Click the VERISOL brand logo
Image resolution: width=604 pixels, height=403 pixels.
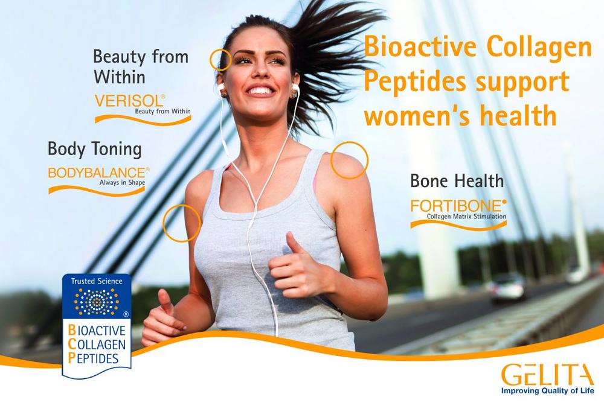143,109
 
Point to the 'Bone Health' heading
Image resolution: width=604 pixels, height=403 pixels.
457,181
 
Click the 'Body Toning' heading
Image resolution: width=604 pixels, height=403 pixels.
95,150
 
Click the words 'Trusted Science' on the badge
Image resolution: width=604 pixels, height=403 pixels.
96,281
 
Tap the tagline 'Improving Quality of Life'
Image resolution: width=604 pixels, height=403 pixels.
547,391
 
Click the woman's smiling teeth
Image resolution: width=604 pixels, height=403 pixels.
261,91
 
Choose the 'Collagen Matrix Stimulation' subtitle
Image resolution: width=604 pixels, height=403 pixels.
466,217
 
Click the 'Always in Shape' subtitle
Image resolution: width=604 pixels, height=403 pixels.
122,182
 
